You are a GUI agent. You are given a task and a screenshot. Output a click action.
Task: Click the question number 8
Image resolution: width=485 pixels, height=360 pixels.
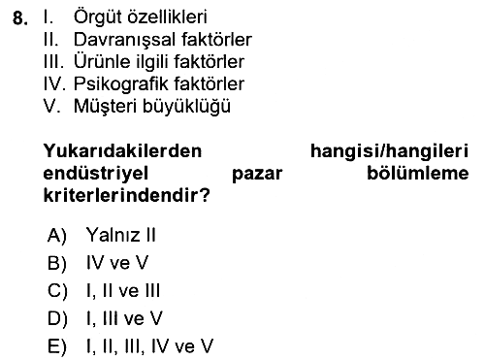click(x=20, y=18)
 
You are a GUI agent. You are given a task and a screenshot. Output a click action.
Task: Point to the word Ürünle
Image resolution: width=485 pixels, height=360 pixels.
click(x=99, y=61)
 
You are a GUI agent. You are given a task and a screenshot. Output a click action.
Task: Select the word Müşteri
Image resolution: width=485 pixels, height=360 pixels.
click(x=106, y=106)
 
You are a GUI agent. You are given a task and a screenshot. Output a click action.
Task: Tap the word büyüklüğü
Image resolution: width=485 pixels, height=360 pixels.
click(x=186, y=107)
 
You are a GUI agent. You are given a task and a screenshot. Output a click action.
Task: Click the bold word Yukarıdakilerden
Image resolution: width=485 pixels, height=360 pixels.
click(x=122, y=150)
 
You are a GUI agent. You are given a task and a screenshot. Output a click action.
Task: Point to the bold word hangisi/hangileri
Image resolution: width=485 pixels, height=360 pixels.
click(x=389, y=151)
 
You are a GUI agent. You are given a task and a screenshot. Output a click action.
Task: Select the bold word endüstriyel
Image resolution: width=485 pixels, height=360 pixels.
click(x=95, y=174)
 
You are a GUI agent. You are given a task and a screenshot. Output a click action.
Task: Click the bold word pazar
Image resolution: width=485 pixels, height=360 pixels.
click(x=257, y=175)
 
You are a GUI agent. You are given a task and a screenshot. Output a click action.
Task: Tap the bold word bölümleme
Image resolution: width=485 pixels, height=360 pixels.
click(x=418, y=173)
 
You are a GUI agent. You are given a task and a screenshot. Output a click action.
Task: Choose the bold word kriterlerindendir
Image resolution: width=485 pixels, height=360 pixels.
click(x=123, y=195)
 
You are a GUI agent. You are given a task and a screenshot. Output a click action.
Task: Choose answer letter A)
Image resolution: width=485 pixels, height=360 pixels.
click(x=57, y=235)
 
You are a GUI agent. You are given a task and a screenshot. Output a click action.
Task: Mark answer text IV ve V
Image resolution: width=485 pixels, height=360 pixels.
click(x=117, y=262)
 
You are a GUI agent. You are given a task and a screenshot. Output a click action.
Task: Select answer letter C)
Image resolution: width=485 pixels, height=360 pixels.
click(x=57, y=290)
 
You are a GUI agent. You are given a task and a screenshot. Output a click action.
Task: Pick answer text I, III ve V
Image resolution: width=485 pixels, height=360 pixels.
click(x=124, y=318)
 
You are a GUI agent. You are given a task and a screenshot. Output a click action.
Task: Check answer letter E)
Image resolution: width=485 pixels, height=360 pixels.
click(x=57, y=346)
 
